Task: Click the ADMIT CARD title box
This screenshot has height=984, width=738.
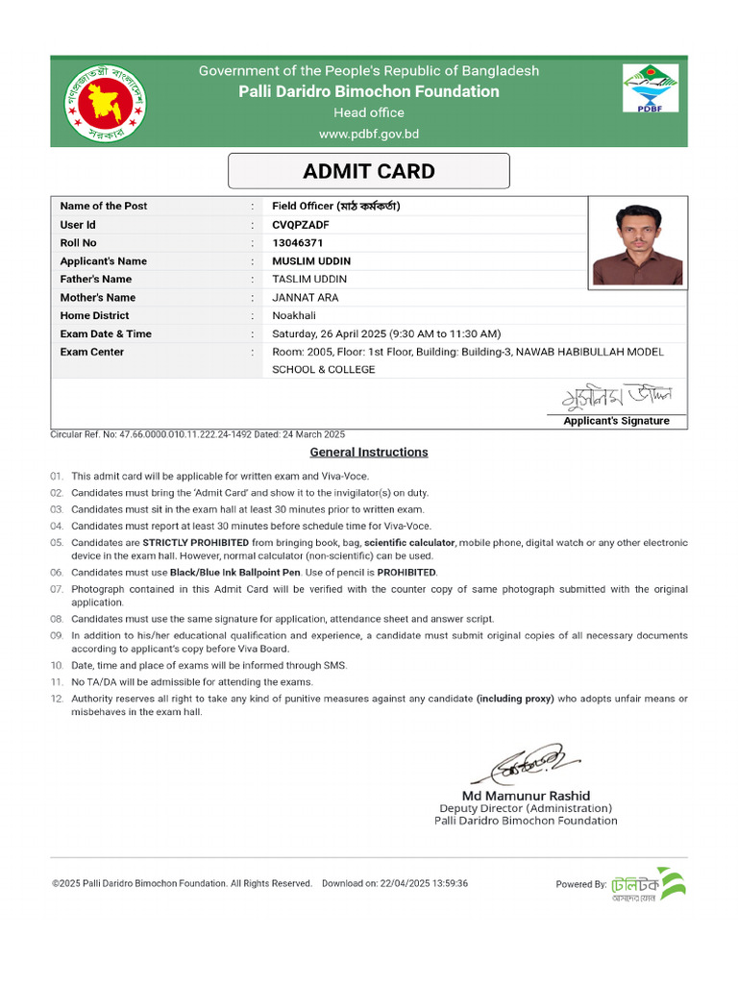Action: tap(368, 172)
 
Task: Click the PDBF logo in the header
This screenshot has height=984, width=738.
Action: tap(651, 89)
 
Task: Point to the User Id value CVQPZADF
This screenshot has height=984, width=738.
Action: tap(301, 225)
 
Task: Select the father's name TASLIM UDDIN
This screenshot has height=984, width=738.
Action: tap(309, 280)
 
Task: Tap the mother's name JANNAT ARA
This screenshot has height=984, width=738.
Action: tap(305, 298)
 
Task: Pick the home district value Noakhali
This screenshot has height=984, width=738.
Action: tap(295, 316)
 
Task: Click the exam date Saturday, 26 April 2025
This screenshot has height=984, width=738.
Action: tap(329, 334)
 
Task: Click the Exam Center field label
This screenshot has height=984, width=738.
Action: tap(91, 353)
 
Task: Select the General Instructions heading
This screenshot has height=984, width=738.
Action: tap(368, 453)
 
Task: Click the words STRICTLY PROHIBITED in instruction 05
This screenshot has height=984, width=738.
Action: tap(196, 543)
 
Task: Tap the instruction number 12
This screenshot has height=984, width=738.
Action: tap(56, 699)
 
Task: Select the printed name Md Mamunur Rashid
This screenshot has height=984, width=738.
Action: tap(526, 796)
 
